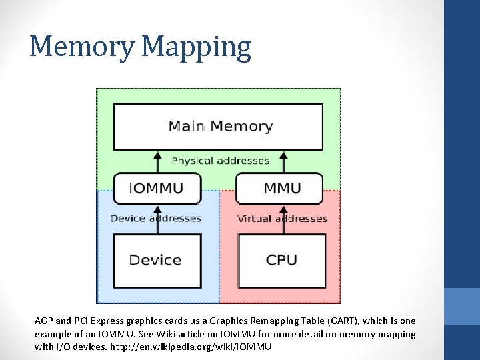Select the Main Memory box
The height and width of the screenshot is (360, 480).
coord(219,126)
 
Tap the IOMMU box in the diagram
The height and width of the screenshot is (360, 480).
coord(157,188)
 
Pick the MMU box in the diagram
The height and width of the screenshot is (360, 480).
coord(282,188)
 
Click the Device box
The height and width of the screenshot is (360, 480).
coord(156,259)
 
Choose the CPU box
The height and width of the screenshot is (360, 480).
coord(281,259)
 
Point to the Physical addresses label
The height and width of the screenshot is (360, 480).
coord(220,161)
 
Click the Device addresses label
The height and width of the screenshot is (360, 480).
coord(155,218)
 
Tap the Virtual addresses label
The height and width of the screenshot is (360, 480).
coord(282,218)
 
